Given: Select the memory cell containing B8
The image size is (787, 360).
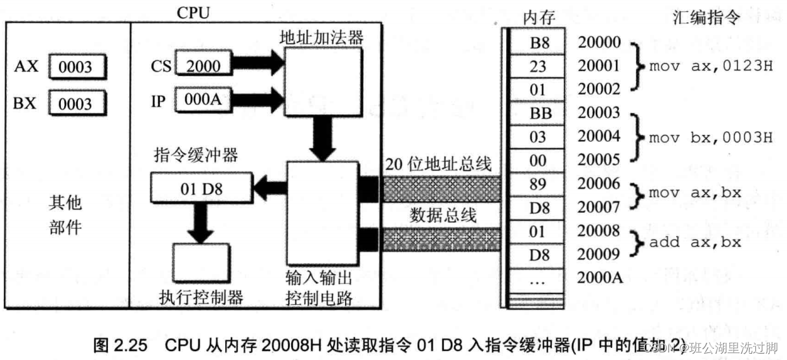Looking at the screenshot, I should tap(538, 43).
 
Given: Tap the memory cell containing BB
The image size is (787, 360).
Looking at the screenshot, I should tap(538, 114).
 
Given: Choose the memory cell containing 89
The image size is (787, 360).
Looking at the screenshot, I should tap(538, 184).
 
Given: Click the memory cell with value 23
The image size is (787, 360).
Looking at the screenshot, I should tap(538, 67).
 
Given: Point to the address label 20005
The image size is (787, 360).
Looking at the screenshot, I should tap(599, 161).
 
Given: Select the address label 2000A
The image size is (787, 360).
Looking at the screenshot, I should tap(599, 278).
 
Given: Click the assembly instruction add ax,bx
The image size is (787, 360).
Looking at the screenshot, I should tap(694, 242).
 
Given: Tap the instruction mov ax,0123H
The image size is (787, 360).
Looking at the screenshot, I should tap(711, 67).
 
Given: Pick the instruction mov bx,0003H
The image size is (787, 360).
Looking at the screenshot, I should tap(711, 138).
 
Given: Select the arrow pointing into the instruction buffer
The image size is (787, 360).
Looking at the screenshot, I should tap(269, 187).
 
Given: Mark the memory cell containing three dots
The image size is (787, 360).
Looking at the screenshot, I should tap(538, 279).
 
